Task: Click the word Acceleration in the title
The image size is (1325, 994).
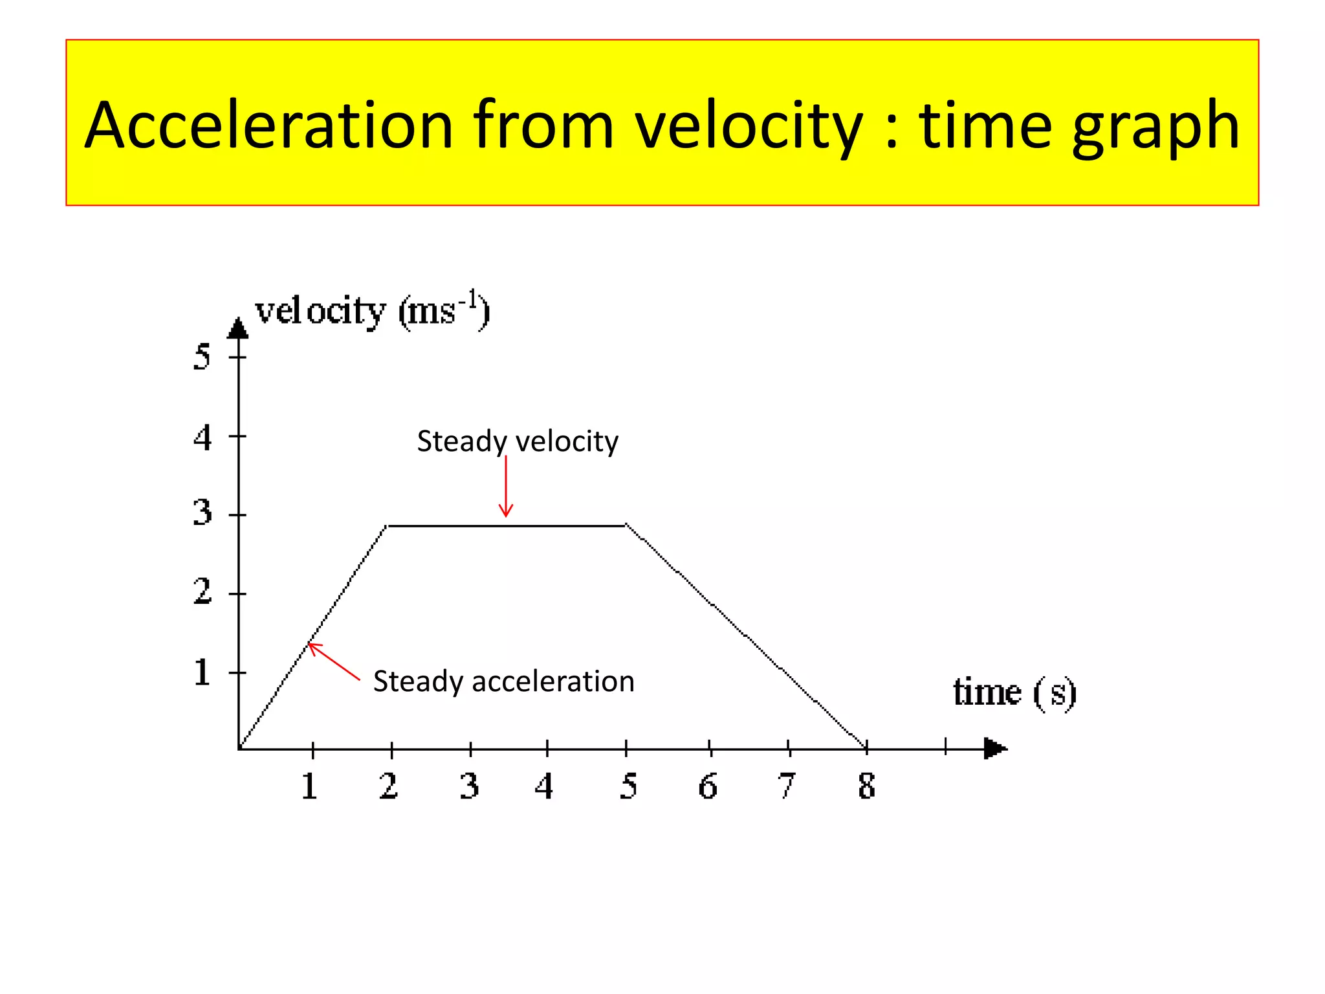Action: coord(268,126)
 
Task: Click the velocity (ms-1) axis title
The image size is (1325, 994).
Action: coord(373,312)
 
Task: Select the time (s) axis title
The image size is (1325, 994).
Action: coord(1014,692)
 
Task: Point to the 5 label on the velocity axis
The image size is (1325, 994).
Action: coord(202,357)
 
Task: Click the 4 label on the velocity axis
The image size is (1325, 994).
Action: coord(202,437)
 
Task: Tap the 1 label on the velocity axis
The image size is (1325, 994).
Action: coord(202,672)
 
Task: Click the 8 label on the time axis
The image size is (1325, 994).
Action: coord(866,787)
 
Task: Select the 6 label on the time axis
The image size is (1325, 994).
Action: coord(708,787)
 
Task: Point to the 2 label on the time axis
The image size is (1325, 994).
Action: coord(388,787)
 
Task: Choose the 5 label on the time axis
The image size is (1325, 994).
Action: coord(628,787)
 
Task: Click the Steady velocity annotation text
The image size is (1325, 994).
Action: coord(518,441)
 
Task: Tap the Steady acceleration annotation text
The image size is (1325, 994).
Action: coord(503,681)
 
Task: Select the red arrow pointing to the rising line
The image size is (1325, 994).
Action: coord(333,661)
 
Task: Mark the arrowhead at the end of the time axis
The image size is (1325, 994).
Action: coord(994,749)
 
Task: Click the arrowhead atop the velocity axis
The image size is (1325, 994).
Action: coord(238,328)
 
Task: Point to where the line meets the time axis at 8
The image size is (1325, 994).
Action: coord(866,748)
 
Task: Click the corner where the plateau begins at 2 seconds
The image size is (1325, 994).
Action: coord(387,526)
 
